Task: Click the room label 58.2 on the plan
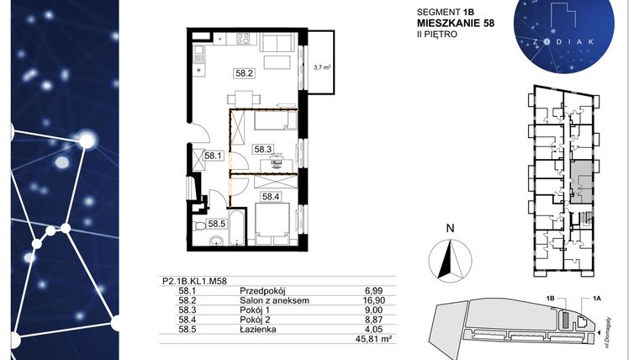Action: (x=245, y=73)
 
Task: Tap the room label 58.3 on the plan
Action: (x=263, y=149)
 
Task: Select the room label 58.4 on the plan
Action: (x=270, y=198)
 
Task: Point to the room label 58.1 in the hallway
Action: (x=211, y=155)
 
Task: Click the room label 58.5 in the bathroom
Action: (x=217, y=224)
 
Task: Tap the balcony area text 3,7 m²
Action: (x=321, y=66)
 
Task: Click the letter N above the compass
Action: (x=450, y=227)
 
